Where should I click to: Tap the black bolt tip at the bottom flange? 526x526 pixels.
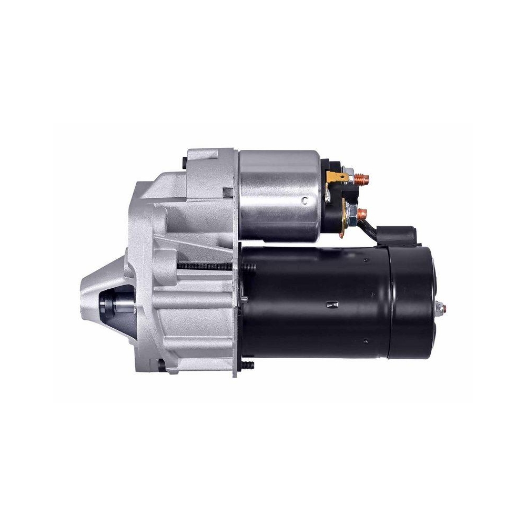[247, 364]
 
